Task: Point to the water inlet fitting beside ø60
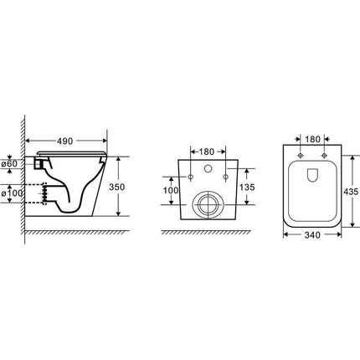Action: click(x=39, y=163)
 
